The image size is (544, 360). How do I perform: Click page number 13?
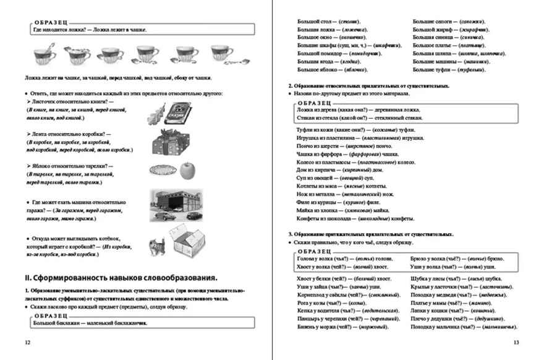pos(517,342)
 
